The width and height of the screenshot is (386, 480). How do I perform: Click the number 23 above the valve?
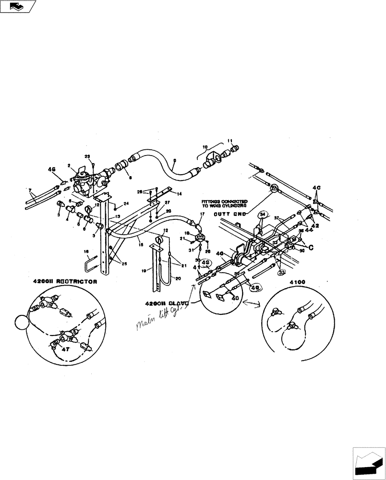[x=87, y=156]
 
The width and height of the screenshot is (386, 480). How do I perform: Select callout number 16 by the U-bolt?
[x=86, y=251]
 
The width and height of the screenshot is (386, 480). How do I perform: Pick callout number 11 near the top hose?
[x=229, y=141]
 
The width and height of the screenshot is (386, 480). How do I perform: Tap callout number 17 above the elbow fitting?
[x=202, y=214]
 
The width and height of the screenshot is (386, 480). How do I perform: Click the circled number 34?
[x=262, y=214]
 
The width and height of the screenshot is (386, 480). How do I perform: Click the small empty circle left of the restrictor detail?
[x=22, y=322]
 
